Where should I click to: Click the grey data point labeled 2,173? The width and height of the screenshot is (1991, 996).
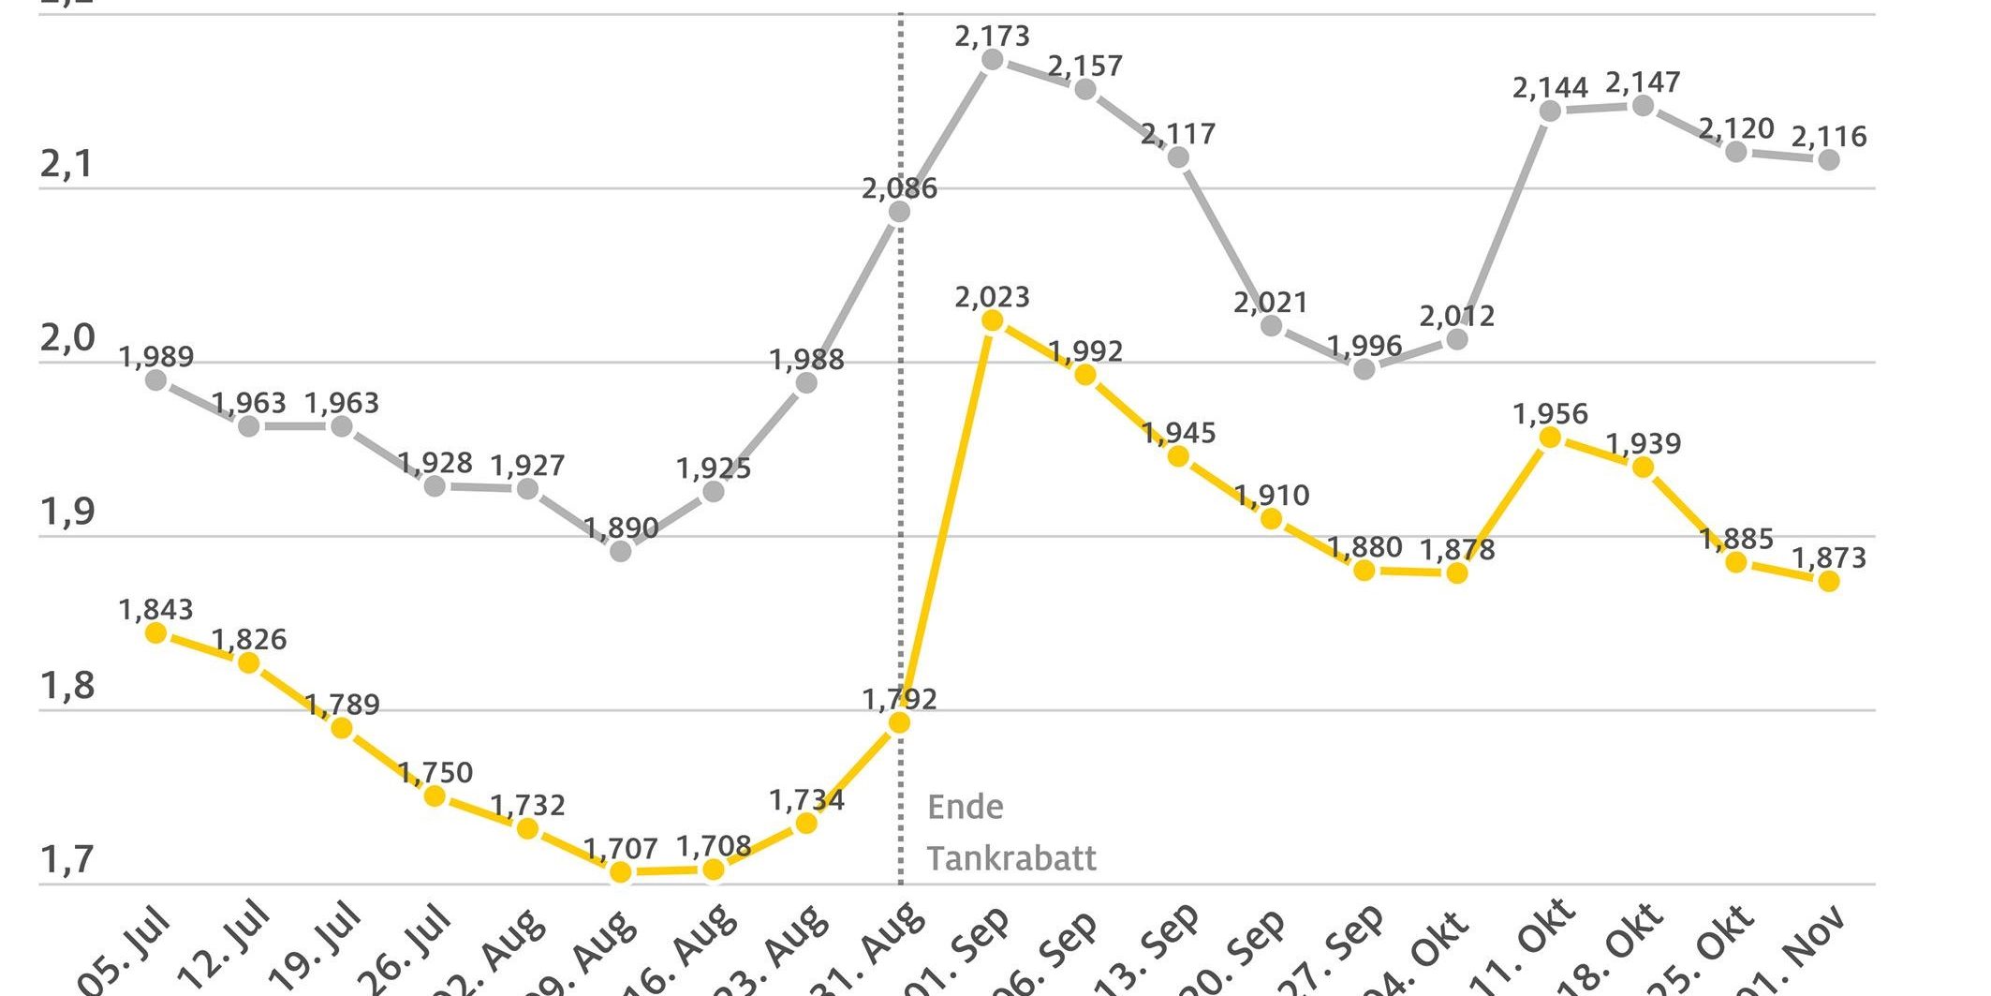pos(993,60)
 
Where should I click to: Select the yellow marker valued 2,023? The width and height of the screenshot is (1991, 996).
pos(993,320)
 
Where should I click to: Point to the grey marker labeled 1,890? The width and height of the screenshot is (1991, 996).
pos(620,551)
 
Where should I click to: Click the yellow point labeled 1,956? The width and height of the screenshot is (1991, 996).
pos(1550,437)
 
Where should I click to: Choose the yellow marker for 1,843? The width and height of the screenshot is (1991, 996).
pos(156,633)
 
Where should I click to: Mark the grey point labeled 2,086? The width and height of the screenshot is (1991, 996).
pos(899,212)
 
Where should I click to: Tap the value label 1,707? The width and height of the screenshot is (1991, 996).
pos(620,849)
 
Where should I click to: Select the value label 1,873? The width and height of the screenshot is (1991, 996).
pos(1828,558)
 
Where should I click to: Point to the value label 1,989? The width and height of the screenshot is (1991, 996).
pos(156,357)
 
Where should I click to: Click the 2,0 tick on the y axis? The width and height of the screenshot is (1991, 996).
pos(67,338)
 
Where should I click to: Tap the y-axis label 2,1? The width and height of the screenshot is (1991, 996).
pos(67,165)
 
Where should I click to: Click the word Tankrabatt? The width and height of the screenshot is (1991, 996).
pos(1011,858)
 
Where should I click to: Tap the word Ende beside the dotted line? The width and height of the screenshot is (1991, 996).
pos(965,807)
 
